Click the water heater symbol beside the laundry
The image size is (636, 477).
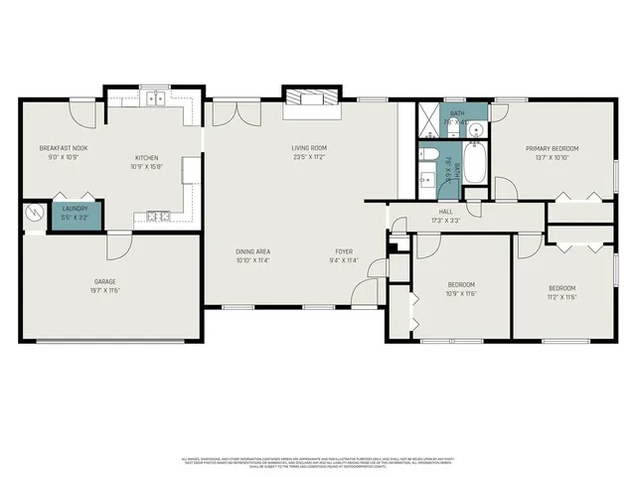(x=35, y=213)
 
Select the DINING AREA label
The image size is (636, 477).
(x=253, y=252)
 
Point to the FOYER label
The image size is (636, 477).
(x=343, y=252)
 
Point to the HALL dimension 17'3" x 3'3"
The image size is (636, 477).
(x=446, y=220)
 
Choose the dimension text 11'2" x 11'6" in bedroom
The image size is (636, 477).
(x=561, y=296)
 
